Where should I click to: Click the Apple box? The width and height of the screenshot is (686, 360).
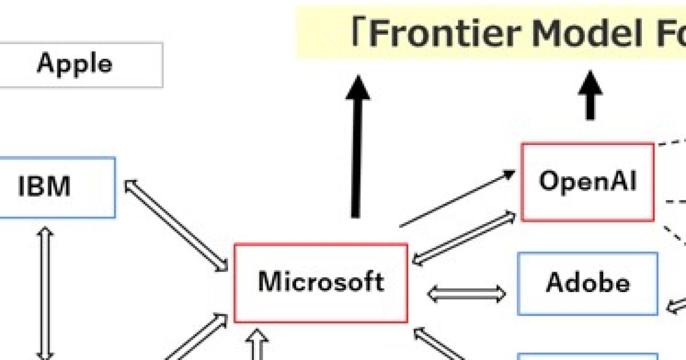74,63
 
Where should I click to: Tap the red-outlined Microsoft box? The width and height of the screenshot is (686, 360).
321,282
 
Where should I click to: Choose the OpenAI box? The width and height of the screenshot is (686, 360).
588,182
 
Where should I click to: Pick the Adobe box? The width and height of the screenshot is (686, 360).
588,283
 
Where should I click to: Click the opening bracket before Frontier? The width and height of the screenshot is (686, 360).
359,33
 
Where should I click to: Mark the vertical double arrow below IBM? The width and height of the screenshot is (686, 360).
45,291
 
